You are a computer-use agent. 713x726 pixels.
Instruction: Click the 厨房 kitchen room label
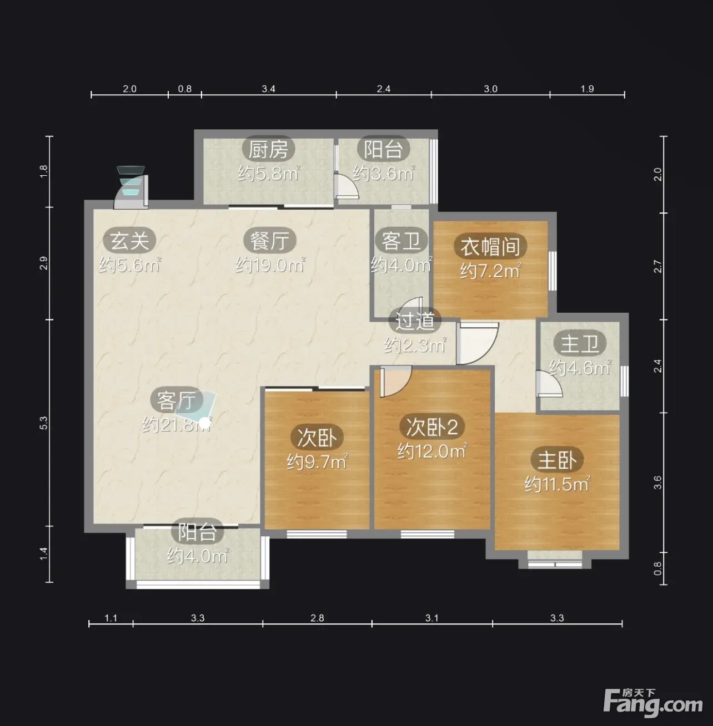(268, 149)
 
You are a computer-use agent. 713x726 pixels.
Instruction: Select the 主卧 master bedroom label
(557, 460)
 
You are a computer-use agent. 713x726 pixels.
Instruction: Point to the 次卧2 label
(432, 427)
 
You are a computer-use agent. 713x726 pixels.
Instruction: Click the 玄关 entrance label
(129, 240)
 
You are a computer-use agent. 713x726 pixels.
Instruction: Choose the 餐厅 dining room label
(270, 240)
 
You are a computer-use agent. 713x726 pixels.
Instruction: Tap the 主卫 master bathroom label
(580, 344)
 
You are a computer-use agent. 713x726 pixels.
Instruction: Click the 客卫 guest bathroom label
(401, 240)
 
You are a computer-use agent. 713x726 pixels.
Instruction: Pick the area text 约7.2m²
(490, 271)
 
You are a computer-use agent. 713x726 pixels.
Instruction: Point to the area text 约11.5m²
(557, 484)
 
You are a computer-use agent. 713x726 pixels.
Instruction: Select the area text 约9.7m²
(317, 461)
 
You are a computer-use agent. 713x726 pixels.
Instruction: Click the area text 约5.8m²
(268, 173)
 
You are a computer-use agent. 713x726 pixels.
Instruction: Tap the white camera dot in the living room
(204, 424)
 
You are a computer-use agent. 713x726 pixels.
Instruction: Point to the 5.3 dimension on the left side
(44, 423)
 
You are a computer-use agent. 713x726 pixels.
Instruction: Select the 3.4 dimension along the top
(268, 89)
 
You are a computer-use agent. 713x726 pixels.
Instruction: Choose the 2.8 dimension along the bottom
(317, 618)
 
